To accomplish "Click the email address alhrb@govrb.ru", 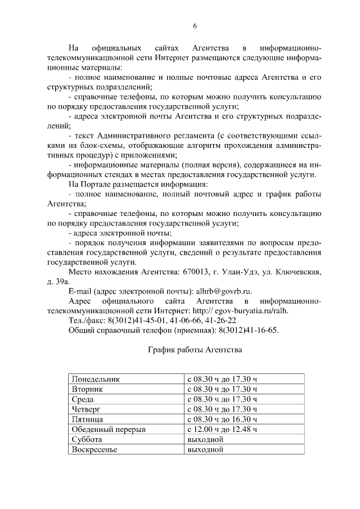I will click(223, 291).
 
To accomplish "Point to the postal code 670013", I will click(196, 272).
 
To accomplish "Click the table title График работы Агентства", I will click(195, 350).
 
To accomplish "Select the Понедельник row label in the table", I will click(96, 379).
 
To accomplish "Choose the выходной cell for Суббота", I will click(205, 439).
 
